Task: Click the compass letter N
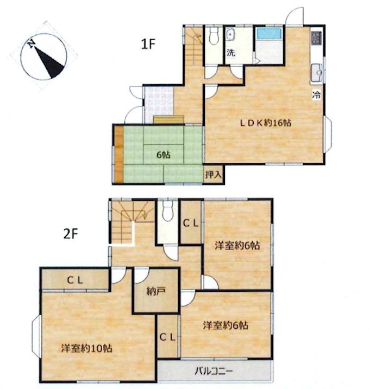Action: pos(31,43)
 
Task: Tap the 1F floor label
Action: pos(148,44)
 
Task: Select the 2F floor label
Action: pos(71,234)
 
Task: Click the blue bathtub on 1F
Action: pos(269,34)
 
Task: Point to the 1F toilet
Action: pos(214,35)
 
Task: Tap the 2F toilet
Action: pos(168,211)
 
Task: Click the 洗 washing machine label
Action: pos(231,53)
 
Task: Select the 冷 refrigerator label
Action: pos(316,95)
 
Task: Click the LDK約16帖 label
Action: pos(265,123)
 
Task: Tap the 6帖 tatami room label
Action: pos(163,155)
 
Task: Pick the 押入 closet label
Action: pos(213,175)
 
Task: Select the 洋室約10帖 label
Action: pos(87,348)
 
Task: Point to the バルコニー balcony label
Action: pos(214,371)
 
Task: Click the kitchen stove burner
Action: pos(316,38)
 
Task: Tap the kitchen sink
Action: pos(317,73)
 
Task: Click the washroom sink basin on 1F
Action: pos(230,35)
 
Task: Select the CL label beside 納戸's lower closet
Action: pos(168,337)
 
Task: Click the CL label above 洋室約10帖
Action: pos(75,280)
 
